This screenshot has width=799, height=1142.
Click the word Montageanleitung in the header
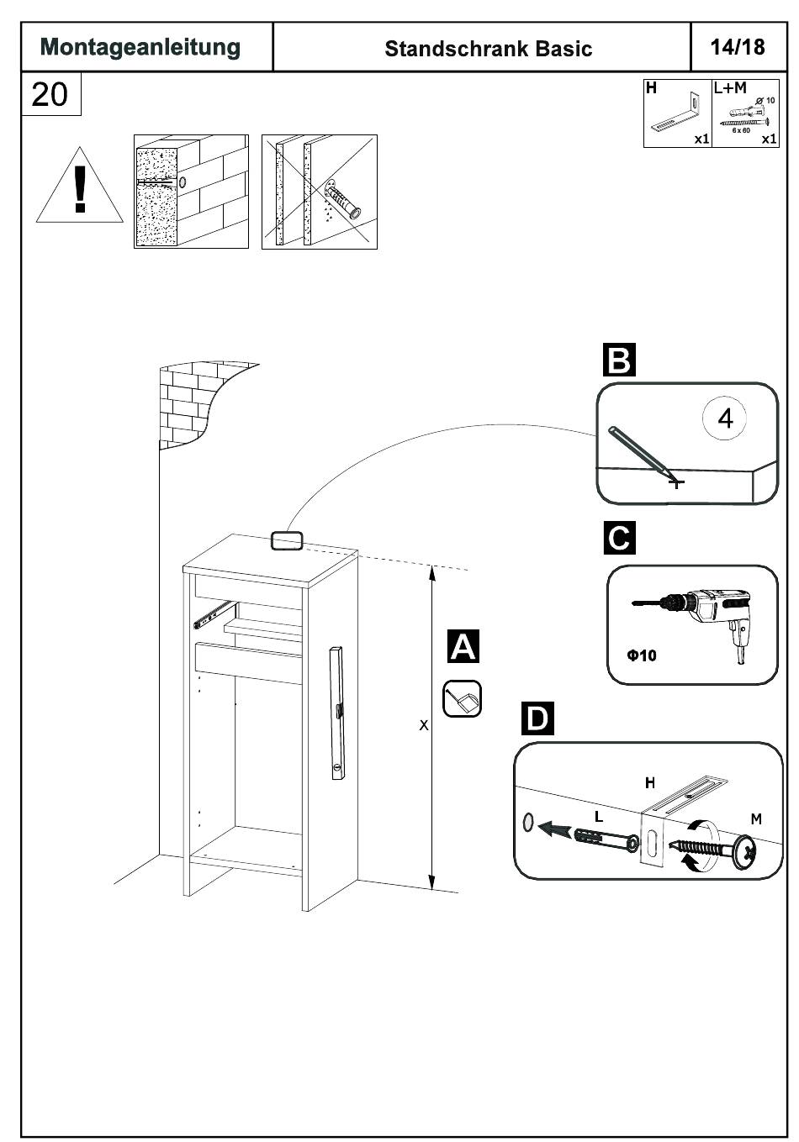coord(140,47)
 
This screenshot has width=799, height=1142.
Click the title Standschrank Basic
coord(488,49)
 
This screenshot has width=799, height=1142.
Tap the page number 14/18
coord(737,46)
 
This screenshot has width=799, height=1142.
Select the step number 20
coord(50,93)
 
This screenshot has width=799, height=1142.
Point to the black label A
coord(463,646)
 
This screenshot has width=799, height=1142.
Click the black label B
coord(619,360)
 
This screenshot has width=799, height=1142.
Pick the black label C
coord(619,538)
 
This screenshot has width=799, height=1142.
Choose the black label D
coord(537,719)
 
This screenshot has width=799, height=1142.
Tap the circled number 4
coord(726,418)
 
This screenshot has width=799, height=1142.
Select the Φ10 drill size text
coord(641,655)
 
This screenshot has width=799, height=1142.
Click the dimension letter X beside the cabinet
coord(424,724)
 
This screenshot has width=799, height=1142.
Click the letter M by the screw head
coord(756,818)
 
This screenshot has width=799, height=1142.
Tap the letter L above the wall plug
coord(599,816)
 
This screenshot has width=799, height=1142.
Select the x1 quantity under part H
coord(701,139)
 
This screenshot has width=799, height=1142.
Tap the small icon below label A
coord(462,698)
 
